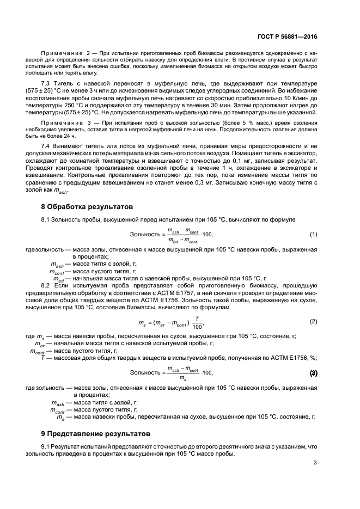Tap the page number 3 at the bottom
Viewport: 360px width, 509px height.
pyautogui.click(x=315, y=463)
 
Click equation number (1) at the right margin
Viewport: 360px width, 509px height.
pyautogui.click(x=313, y=234)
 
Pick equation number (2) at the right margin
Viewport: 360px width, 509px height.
pyautogui.click(x=313, y=321)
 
